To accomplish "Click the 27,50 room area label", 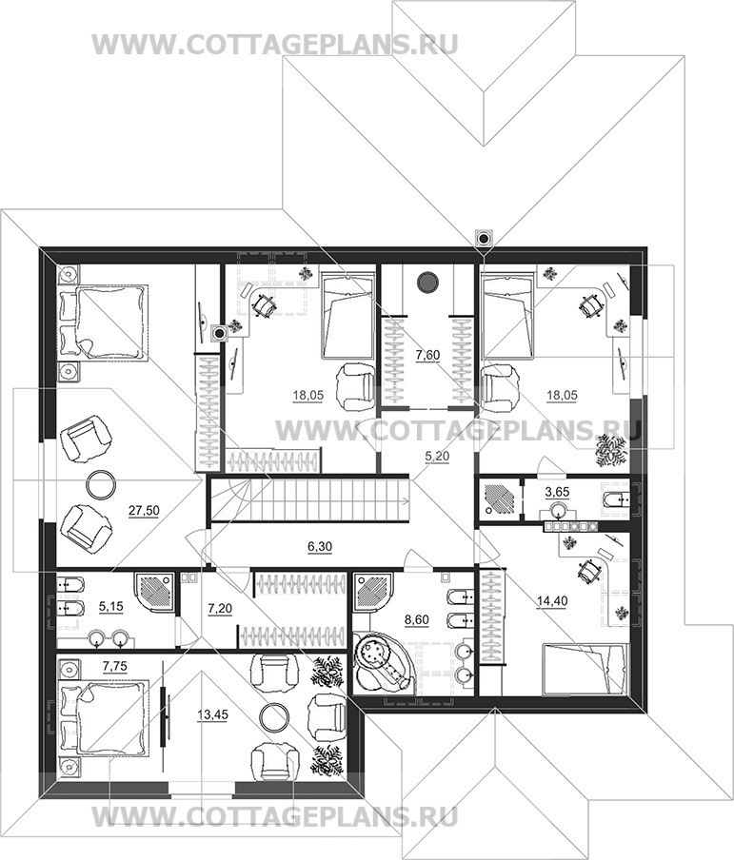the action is coord(144,511).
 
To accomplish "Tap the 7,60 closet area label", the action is coord(427,356).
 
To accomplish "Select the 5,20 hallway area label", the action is coord(438,456).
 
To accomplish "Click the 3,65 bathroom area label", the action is coord(557,492).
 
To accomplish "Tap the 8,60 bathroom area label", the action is coord(416,620).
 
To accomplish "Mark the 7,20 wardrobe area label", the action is coord(220,609).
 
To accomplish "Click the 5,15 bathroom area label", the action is coord(110,607).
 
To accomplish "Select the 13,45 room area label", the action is coord(212,715).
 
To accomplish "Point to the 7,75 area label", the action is coord(115,666).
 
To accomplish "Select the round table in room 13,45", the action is coord(274,718).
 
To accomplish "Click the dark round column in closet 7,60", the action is coord(427,283).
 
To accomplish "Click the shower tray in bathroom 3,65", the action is coord(499,498).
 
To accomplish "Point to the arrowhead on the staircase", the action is coord(406,499).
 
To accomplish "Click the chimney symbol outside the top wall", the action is coord(484,239).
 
